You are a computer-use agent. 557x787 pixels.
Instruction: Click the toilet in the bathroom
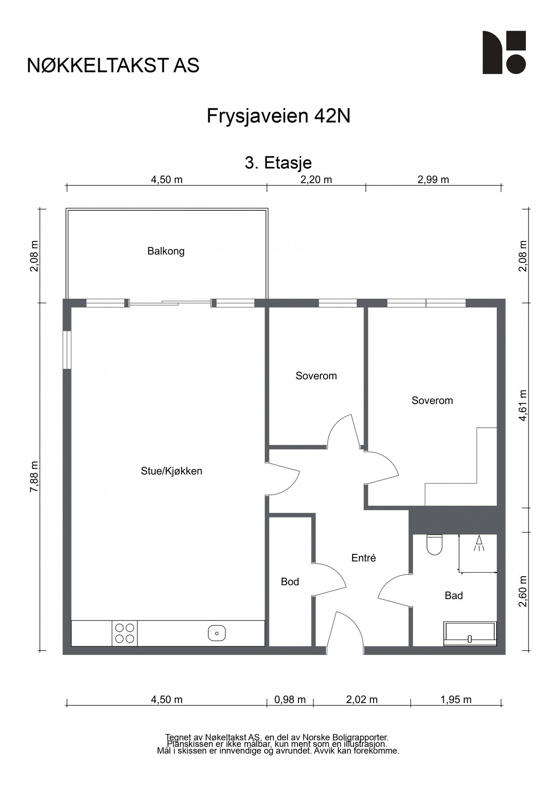coord(434,545)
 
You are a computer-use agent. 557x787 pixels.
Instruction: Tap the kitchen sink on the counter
coord(217,633)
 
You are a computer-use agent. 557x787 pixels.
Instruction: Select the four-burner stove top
coord(125,633)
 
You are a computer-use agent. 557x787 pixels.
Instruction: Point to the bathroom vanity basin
coord(470,634)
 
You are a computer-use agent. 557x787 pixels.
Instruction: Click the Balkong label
coord(166,251)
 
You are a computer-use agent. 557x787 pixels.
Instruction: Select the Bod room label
coord(290,582)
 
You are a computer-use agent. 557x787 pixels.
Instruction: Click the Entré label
coord(364,558)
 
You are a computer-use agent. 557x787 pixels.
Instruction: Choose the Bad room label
coord(454,595)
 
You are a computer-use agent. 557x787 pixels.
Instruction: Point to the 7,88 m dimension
coord(34,477)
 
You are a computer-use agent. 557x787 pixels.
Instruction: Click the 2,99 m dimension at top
coord(433,180)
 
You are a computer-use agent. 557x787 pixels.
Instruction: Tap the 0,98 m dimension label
coord(290,700)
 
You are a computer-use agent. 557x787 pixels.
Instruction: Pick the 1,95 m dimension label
coord(456,700)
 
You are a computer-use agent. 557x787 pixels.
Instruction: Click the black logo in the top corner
coord(504,52)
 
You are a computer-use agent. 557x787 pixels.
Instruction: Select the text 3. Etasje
coord(278,163)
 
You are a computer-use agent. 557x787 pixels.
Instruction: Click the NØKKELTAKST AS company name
coord(113,65)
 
